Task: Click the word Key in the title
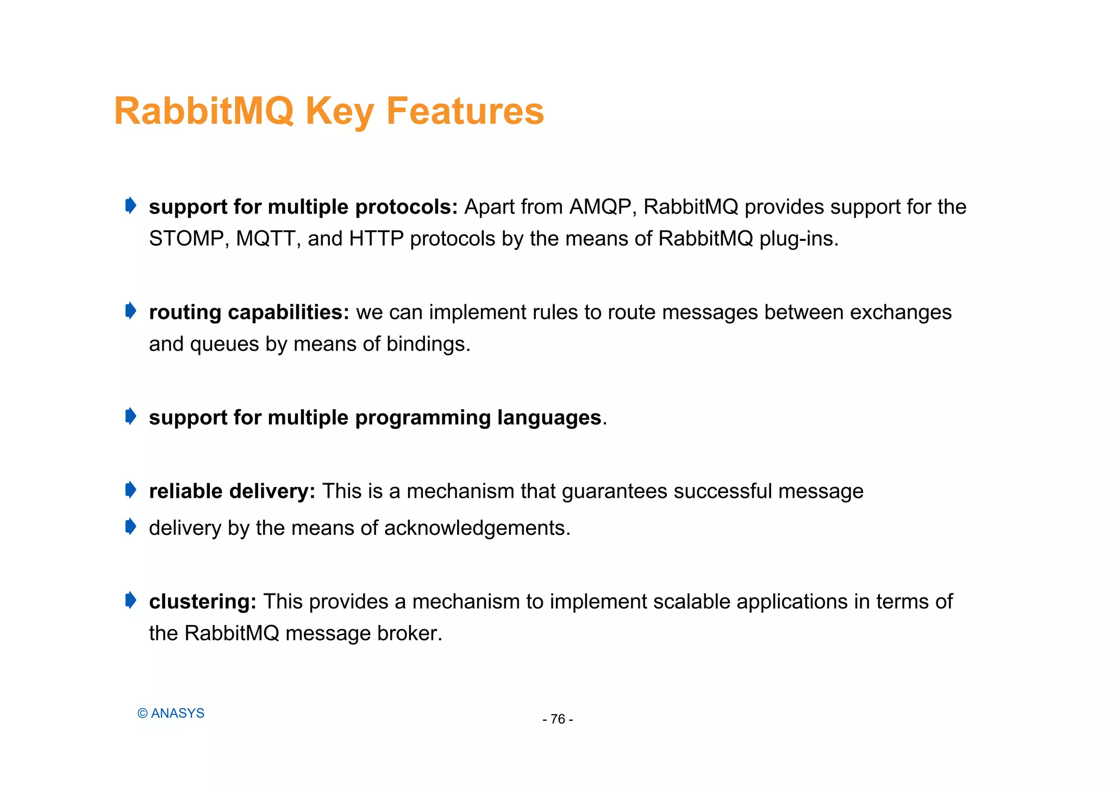point(339,111)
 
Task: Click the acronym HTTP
point(376,239)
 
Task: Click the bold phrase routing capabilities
point(249,313)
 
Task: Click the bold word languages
point(549,417)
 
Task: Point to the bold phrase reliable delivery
point(232,491)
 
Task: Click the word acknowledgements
point(477,528)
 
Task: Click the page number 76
point(558,719)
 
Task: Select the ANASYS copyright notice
point(171,713)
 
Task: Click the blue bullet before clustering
point(130,601)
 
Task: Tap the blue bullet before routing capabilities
point(130,311)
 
